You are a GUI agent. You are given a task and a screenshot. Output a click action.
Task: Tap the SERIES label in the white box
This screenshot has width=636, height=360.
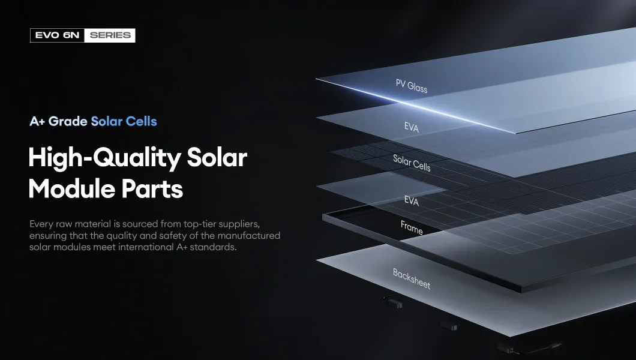coord(110,35)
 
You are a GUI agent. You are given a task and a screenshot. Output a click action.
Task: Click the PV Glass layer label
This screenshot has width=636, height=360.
coord(412,86)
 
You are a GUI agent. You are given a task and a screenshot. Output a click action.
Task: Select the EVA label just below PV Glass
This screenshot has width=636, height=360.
coord(412,127)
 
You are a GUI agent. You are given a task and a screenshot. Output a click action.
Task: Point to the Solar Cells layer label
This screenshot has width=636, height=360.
coord(412,163)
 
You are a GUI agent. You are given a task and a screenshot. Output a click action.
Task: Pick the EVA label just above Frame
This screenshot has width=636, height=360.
coord(412,201)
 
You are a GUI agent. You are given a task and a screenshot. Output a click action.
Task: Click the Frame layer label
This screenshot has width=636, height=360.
coord(412,227)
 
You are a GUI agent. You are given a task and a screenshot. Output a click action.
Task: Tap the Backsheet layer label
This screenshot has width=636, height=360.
coord(412,278)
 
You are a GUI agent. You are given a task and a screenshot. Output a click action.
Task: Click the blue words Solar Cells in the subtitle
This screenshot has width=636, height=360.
coord(124,121)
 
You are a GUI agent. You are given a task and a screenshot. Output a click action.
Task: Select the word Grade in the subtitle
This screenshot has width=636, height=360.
coord(68,121)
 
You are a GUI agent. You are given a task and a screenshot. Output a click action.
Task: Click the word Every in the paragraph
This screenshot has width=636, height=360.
coord(41,224)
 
